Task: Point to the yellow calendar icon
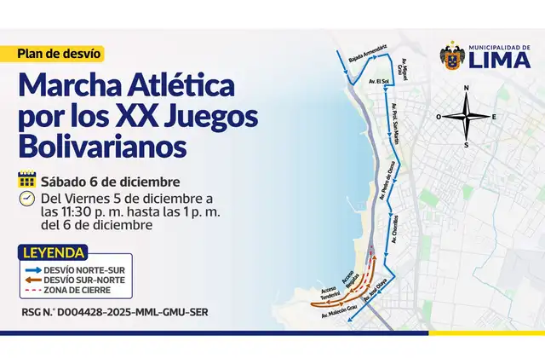pyautogui.click(x=26, y=181)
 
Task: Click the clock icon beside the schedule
pyautogui.click(x=26, y=199)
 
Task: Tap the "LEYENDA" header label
pyautogui.click(x=54, y=253)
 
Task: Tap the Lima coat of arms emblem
pyautogui.click(x=452, y=58)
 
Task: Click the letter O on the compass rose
pyautogui.click(x=439, y=117)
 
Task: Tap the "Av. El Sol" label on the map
pyautogui.click(x=378, y=82)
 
